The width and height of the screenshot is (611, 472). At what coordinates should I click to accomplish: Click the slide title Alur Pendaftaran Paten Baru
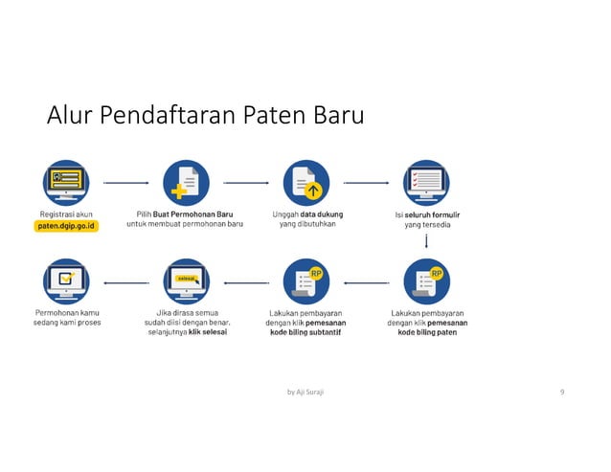tap(206, 118)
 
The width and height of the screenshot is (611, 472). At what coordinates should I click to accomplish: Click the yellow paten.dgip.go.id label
tap(66, 227)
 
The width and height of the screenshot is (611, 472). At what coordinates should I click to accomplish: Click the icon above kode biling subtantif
tap(305, 281)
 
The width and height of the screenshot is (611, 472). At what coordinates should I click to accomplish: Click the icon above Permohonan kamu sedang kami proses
tap(66, 281)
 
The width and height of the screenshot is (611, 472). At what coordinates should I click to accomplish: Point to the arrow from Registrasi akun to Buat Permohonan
tap(125, 181)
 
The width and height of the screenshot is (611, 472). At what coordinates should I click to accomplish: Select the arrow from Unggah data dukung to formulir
tap(366, 181)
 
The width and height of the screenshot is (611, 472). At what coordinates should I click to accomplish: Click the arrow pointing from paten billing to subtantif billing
tap(366, 282)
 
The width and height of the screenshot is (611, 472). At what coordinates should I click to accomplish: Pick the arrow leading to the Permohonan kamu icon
tap(125, 282)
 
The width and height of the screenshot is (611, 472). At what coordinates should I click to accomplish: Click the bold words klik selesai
tap(208, 333)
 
